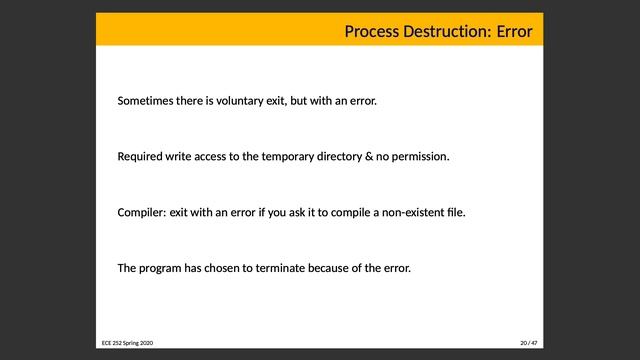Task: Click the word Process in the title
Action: (x=371, y=32)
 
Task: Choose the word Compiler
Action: (x=141, y=213)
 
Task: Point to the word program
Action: (x=162, y=269)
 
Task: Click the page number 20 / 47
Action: (x=528, y=343)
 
